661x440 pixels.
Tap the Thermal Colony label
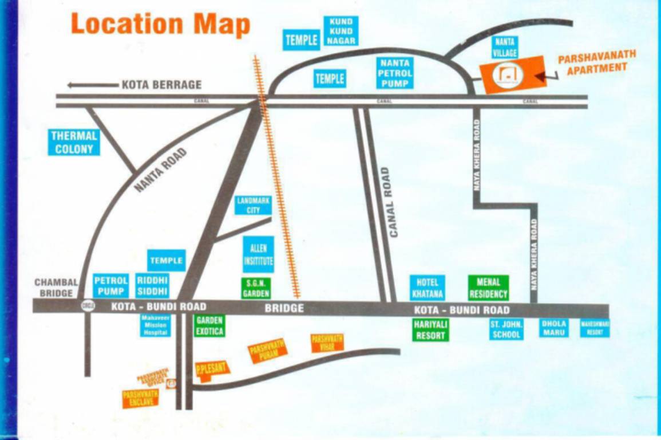[x=74, y=143]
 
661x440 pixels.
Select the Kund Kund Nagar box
[x=341, y=31]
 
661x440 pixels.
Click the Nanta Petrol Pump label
[x=395, y=72]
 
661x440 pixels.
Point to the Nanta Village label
[x=505, y=47]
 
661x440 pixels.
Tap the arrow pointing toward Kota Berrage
[x=92, y=85]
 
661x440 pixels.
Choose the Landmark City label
[x=253, y=205]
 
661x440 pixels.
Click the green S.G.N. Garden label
[x=255, y=288]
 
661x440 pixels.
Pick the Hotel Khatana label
[x=428, y=288]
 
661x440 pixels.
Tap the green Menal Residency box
[x=488, y=288]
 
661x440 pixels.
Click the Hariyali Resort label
[x=431, y=329]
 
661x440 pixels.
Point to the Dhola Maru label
[x=553, y=328]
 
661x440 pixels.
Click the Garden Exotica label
[x=209, y=325]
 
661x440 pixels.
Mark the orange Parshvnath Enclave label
[x=140, y=398]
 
